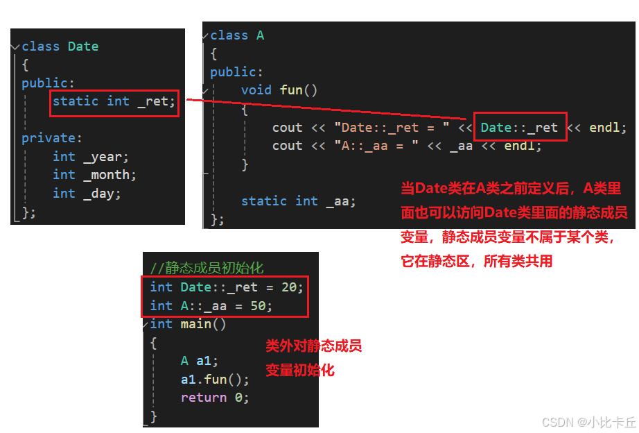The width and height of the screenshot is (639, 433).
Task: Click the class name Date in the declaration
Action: tap(83, 46)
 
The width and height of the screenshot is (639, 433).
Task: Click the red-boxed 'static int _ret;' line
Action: tap(115, 101)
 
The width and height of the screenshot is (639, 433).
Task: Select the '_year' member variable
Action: tap(106, 157)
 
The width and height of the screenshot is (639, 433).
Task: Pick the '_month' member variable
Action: tap(110, 175)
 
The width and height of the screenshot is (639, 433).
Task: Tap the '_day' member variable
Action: tap(103, 194)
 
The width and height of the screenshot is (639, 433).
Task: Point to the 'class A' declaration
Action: tap(237, 35)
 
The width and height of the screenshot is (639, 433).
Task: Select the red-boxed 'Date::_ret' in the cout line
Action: tap(519, 128)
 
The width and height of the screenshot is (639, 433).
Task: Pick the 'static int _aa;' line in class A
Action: tap(298, 201)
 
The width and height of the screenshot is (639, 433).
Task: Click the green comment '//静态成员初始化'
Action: tap(207, 269)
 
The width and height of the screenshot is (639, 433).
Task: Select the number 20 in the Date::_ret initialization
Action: tap(289, 287)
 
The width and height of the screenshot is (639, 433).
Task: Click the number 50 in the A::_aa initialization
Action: tap(259, 305)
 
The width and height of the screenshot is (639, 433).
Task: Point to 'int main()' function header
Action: tap(189, 324)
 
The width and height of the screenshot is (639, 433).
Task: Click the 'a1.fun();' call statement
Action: tap(215, 380)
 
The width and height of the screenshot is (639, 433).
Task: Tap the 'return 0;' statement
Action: tap(215, 398)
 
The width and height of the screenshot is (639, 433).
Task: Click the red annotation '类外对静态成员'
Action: tap(314, 346)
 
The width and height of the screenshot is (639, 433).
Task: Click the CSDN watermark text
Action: tap(588, 422)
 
